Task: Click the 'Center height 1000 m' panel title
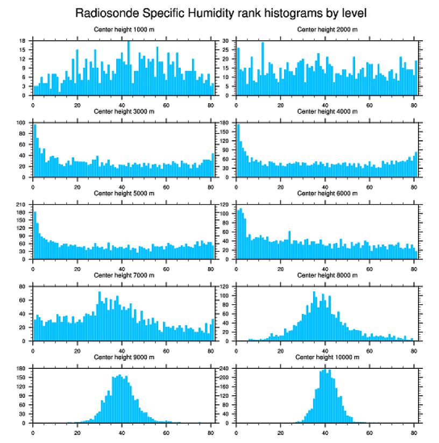pyautogui.click(x=124, y=30)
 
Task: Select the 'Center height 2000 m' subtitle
pyautogui.click(x=327, y=30)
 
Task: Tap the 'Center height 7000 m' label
pyautogui.click(x=124, y=275)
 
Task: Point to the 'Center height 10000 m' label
pyautogui.click(x=327, y=357)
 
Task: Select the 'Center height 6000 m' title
pyautogui.click(x=327, y=193)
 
